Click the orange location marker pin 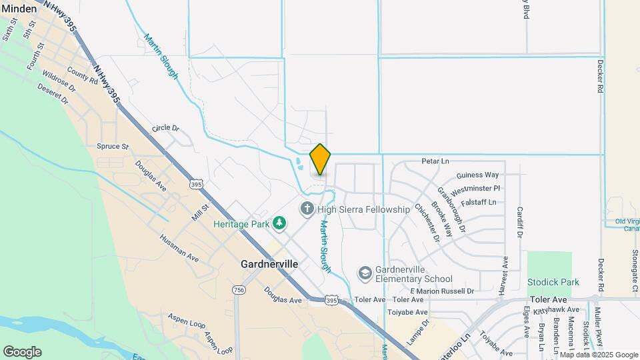(320, 159)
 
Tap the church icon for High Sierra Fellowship (307, 209)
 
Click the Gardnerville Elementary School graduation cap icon (365, 273)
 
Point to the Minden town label (19, 8)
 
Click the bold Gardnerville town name (269, 264)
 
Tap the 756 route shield (239, 290)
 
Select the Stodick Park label (553, 282)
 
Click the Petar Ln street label (436, 161)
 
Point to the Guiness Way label (478, 175)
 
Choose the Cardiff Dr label (519, 221)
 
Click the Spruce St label (112, 146)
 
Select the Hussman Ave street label (179, 247)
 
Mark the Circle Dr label (166, 127)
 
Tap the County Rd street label (82, 77)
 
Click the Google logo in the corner (22, 351)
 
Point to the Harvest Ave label (505, 271)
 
